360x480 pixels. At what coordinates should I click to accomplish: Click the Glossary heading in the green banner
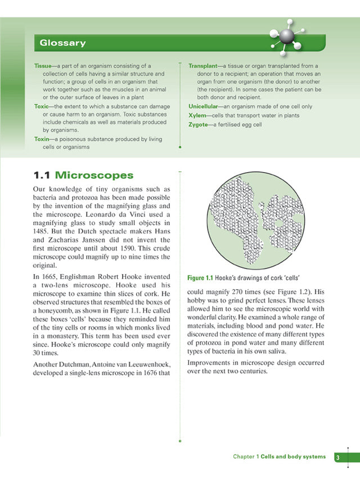pyautogui.click(x=62, y=43)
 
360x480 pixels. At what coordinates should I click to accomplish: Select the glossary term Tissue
pyautogui.click(x=43, y=66)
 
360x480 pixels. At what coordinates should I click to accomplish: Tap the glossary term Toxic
pyautogui.click(x=41, y=106)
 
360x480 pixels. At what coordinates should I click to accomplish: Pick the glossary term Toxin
pyautogui.click(x=41, y=138)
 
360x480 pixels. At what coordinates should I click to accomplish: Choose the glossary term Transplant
pyautogui.click(x=202, y=66)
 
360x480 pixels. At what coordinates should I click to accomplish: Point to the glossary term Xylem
pyautogui.click(x=199, y=115)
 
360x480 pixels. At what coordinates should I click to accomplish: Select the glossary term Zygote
pyautogui.click(x=199, y=125)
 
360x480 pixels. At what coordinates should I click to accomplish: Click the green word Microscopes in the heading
pyautogui.click(x=94, y=176)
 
